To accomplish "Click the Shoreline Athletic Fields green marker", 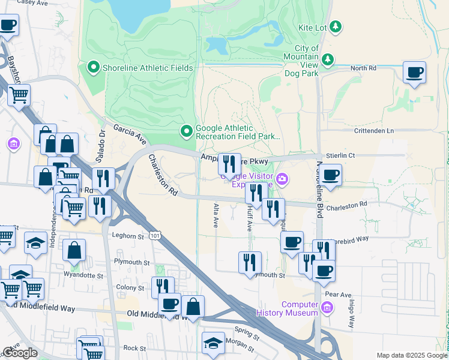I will pos(93,67).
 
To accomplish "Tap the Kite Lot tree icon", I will pos(336,27).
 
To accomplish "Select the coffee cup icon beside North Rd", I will pos(414,73).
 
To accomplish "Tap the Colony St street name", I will pos(131,288).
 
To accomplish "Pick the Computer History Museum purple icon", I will pos(327,308).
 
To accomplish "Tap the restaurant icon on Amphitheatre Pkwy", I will pos(229,163).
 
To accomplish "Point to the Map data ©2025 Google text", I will pos(412,355).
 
